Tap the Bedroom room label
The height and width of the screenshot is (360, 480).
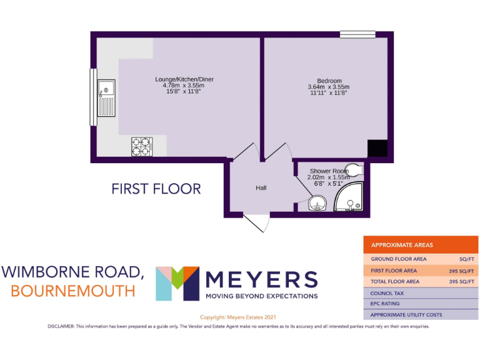click(329, 81)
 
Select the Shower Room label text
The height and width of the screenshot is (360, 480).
click(328, 171)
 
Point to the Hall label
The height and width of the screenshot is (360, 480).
click(261, 187)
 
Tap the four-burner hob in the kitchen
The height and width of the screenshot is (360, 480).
click(141, 146)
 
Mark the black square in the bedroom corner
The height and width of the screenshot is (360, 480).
click(377, 148)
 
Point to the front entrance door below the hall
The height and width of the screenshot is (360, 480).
click(256, 222)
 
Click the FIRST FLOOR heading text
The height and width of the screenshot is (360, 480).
click(156, 188)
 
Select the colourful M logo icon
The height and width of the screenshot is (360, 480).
click(177, 283)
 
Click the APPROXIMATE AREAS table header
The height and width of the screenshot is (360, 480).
click(402, 245)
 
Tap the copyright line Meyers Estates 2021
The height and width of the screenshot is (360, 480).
click(238, 317)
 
